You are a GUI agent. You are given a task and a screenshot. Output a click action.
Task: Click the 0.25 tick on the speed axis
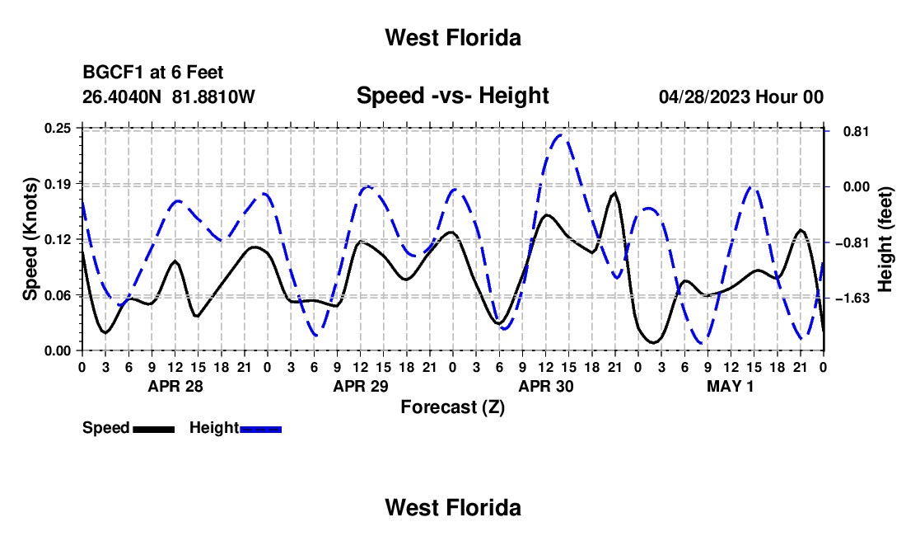(x=57, y=128)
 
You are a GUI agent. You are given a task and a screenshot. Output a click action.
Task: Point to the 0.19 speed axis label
(x=57, y=184)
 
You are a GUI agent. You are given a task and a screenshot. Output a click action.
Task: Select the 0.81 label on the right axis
(x=857, y=131)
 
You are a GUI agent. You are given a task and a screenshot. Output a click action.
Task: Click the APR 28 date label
(x=175, y=386)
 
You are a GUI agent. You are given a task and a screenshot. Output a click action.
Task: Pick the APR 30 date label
(x=546, y=386)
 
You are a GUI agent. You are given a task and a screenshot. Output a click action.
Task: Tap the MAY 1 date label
(x=731, y=386)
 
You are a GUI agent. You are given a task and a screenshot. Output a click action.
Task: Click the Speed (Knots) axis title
(x=30, y=239)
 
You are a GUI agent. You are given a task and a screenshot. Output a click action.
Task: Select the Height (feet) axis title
(x=885, y=239)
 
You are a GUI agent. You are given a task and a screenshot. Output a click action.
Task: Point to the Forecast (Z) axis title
(x=452, y=407)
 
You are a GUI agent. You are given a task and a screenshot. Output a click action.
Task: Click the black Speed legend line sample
(x=154, y=429)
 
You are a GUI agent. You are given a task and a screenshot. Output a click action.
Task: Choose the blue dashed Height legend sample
(x=260, y=429)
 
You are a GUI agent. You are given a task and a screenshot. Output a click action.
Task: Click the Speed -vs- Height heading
(x=452, y=96)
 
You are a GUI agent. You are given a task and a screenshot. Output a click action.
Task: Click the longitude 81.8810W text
(x=213, y=96)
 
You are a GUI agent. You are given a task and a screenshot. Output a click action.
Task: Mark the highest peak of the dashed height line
(x=560, y=135)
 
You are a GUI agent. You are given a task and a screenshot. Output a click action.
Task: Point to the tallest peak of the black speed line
(x=614, y=193)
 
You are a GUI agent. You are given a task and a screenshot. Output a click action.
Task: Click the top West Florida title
(x=453, y=38)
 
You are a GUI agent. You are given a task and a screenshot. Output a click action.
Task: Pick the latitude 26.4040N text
(x=122, y=96)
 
